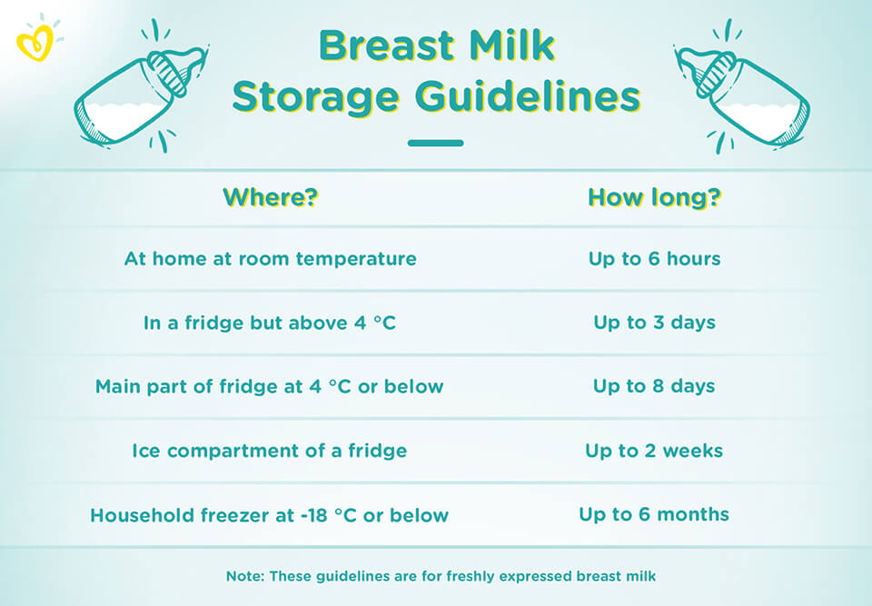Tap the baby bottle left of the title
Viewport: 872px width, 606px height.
point(142,88)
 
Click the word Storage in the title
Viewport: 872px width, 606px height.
point(316,98)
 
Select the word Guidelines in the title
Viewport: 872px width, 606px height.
point(529,96)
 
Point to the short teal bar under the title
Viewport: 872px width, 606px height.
point(435,143)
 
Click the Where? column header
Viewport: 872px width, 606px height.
point(271,197)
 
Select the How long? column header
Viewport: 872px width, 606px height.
point(655,197)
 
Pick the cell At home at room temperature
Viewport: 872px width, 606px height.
point(271,259)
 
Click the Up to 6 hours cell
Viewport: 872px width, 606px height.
point(655,259)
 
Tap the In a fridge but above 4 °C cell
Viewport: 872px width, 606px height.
point(270,323)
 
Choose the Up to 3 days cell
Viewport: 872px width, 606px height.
point(655,323)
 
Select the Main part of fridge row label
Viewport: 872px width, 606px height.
point(269,387)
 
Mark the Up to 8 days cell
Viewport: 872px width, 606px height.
point(655,386)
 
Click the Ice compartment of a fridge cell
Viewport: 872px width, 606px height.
point(269,451)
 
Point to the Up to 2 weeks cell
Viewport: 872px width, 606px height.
point(654,451)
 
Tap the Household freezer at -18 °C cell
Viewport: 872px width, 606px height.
point(269,515)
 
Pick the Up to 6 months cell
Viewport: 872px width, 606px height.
point(654,514)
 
